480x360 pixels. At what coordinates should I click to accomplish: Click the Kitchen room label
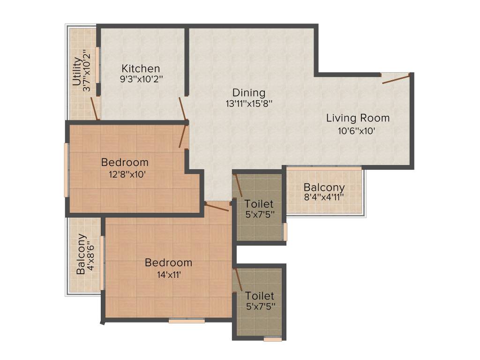point(141,68)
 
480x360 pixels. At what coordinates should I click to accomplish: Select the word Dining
point(249,92)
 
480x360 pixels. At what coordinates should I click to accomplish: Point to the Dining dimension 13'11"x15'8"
point(249,103)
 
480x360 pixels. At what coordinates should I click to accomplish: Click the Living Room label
point(358,118)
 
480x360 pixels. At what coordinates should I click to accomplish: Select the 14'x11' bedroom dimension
point(168,275)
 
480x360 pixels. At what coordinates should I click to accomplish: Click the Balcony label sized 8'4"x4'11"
point(324,187)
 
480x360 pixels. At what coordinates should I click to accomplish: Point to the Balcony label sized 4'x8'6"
point(81,254)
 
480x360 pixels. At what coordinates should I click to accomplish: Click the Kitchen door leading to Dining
point(182,108)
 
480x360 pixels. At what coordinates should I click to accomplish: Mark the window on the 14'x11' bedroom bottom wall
point(187,321)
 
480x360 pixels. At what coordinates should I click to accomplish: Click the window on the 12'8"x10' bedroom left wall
point(67,169)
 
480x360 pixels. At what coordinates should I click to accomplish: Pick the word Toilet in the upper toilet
point(259,204)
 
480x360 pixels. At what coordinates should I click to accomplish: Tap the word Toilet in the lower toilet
point(259,296)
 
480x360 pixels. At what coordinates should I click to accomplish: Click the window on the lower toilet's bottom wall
point(272,339)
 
